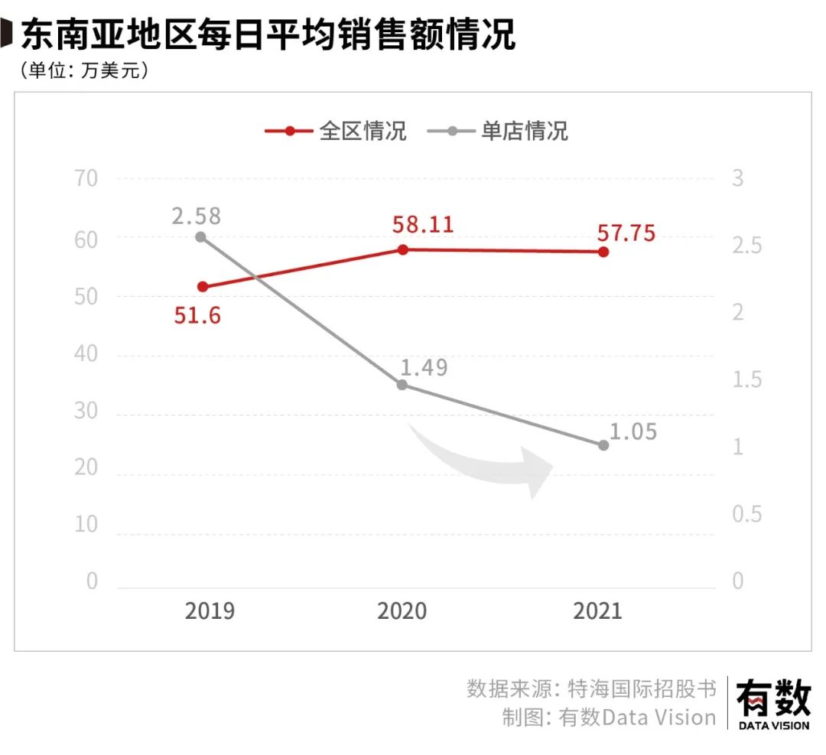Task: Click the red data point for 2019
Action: click(203, 287)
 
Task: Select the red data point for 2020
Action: click(403, 249)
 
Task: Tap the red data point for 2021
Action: click(603, 252)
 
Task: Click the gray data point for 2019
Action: click(200, 237)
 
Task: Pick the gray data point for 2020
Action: click(402, 385)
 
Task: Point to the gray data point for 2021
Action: click(603, 445)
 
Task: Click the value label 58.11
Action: click(422, 225)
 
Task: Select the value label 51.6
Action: click(197, 314)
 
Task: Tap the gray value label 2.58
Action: click(196, 216)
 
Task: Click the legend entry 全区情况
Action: click(336, 131)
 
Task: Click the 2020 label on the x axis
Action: click(402, 611)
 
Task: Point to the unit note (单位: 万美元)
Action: click(80, 70)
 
